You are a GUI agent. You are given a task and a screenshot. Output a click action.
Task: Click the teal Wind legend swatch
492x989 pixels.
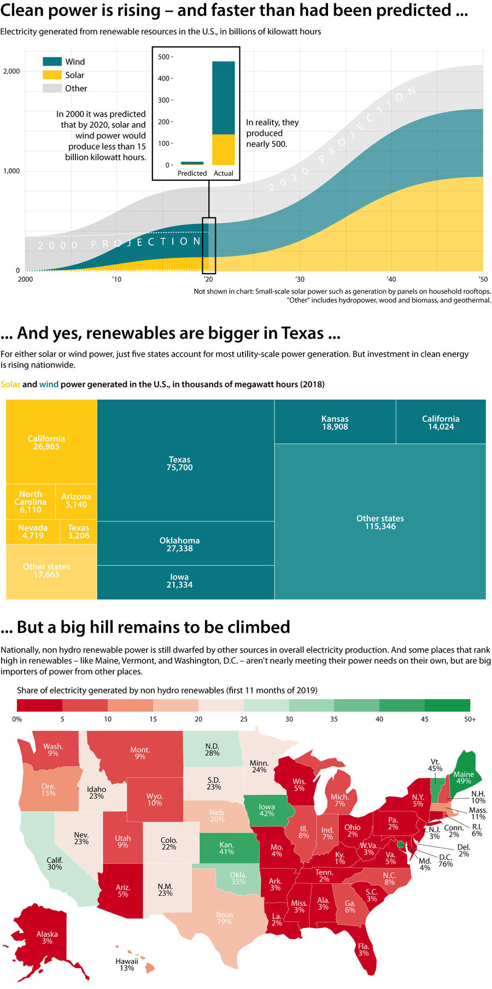pos(52,62)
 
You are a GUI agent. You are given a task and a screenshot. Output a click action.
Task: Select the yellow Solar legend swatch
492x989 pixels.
pos(52,75)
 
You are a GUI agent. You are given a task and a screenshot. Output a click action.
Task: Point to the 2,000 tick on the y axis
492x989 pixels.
pos(11,72)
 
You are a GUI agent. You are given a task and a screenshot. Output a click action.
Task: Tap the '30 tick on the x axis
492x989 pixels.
pos(300,279)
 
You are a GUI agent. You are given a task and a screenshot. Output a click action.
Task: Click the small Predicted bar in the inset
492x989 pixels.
pos(192,163)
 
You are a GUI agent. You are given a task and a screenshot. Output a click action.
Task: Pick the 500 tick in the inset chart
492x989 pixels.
pos(163,57)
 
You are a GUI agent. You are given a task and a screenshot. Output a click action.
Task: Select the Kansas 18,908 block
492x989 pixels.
pos(335,422)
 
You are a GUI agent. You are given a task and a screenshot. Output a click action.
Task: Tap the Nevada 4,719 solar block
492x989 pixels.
pos(33,531)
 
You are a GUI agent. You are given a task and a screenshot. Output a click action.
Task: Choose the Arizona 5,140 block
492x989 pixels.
pos(76,501)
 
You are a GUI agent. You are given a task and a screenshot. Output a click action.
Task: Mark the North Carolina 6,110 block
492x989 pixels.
pos(31,501)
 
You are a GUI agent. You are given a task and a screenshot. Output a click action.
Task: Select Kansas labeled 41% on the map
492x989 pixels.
pos(226,848)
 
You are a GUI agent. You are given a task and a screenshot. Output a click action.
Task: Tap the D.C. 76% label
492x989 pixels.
pos(446,860)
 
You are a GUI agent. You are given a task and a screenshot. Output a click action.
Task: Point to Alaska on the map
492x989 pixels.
pos(47,937)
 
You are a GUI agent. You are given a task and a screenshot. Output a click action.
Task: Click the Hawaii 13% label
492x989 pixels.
pos(127,964)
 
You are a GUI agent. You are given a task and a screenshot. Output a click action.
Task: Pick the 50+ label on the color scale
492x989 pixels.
pos(470,719)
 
